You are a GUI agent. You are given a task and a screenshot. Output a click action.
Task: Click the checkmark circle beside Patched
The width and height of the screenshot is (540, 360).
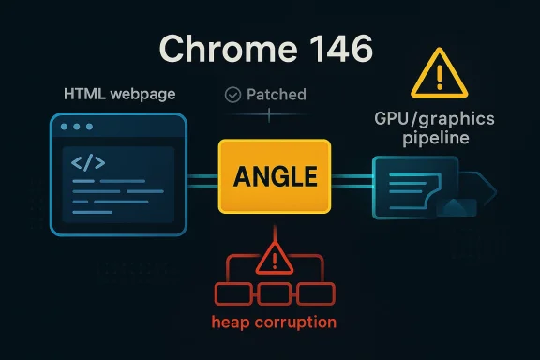tap(234, 95)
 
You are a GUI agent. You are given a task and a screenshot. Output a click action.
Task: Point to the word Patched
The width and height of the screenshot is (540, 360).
tap(276, 95)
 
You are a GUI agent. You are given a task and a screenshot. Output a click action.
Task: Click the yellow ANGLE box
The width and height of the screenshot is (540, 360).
tap(274, 176)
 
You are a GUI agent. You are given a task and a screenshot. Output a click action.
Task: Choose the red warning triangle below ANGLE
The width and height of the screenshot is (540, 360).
tap(274, 255)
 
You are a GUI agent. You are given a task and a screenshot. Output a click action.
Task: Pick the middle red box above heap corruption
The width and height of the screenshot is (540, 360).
tap(274, 293)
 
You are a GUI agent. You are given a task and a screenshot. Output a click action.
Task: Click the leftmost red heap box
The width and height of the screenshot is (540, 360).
tap(234, 293)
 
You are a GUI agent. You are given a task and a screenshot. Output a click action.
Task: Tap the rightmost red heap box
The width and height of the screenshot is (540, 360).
tap(314, 293)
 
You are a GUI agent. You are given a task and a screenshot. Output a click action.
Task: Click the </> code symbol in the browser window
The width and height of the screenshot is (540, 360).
tap(88, 162)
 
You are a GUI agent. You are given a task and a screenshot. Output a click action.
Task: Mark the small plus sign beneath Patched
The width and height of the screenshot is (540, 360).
tap(269, 114)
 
